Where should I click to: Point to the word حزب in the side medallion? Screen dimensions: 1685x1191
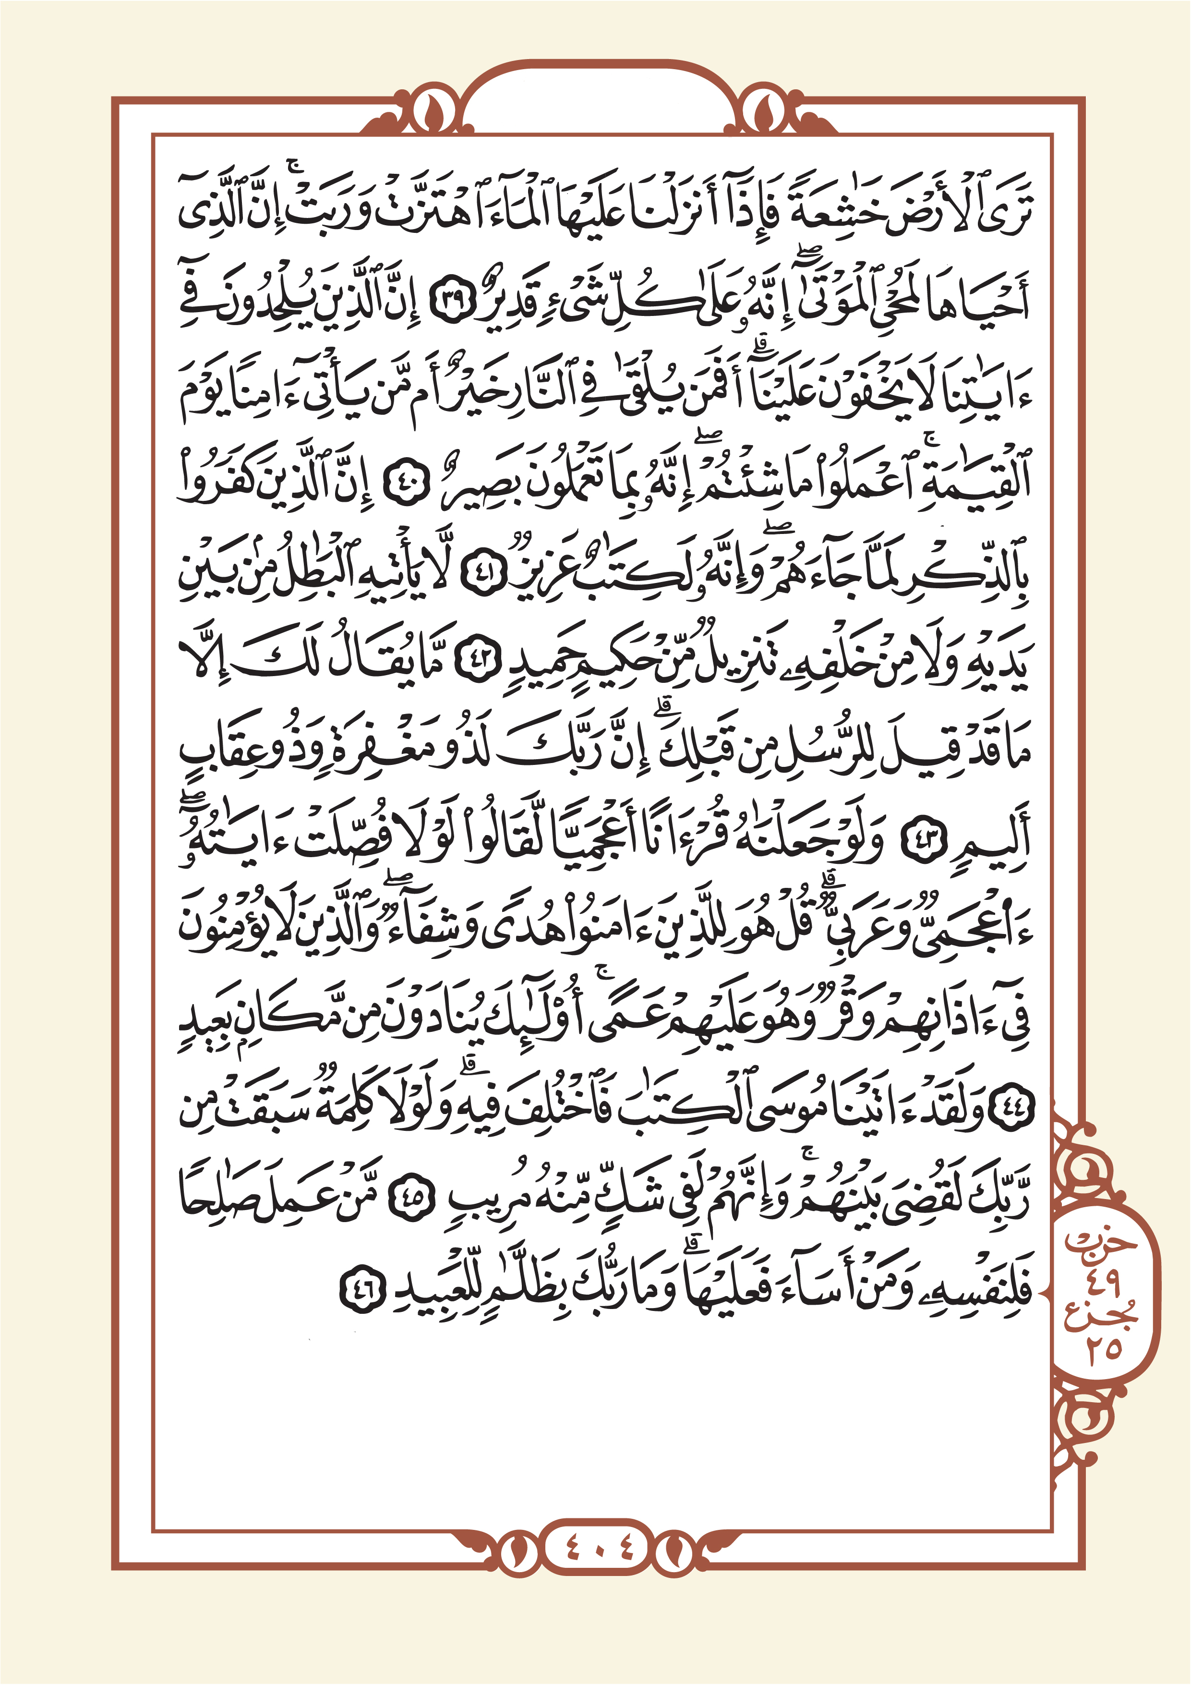point(1101,1241)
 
